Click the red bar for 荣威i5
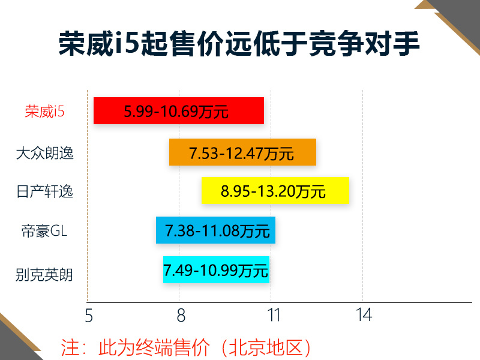tap(179, 110)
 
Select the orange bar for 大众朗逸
tap(242, 152)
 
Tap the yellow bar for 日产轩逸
tap(275, 190)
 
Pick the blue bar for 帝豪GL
tap(215, 230)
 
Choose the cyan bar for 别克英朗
tap(216, 269)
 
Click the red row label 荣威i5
tap(44, 111)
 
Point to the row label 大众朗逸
tap(44, 153)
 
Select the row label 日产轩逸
tap(44, 191)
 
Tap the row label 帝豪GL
tap(44, 231)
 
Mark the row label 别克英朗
tap(44, 275)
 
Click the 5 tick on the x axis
tap(89, 316)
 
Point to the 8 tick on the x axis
tap(181, 316)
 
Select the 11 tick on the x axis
tap(274, 315)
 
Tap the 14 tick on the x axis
tap(364, 315)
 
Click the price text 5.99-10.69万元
tap(176, 112)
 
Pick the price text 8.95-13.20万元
tap(273, 191)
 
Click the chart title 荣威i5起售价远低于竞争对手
tap(239, 43)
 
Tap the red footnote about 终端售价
tap(185, 347)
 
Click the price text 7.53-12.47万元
tap(241, 154)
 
